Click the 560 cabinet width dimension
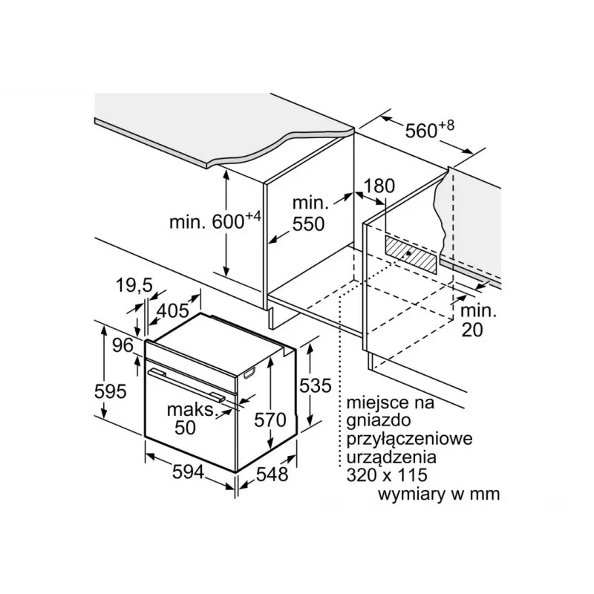coord(429,129)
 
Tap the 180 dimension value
coord(379,186)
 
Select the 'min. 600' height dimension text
coord(215,221)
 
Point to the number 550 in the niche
coord(308,224)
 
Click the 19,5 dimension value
coord(134,285)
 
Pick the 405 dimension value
coord(173,310)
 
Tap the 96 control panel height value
coord(123,345)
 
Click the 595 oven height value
coord(110,391)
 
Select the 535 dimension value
coord(315,385)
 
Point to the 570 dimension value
coord(270,420)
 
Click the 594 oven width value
coord(189,472)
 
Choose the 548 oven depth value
coord(272,474)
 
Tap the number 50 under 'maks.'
coord(185,428)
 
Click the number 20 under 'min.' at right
coord(472,330)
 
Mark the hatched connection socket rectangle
coord(411,254)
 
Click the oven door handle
coord(187,385)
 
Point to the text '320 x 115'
coord(387,474)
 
